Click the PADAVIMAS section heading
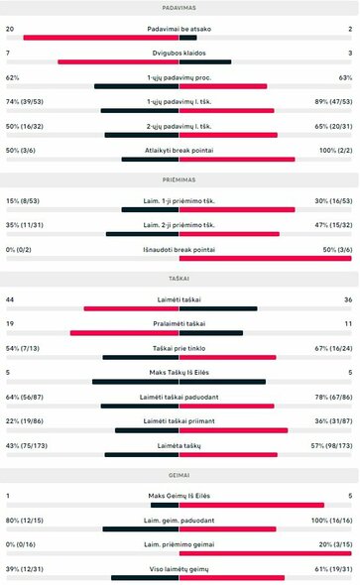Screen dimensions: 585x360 (x=180, y=7)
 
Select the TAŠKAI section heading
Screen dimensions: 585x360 (x=180, y=280)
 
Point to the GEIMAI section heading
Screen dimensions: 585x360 (x=180, y=476)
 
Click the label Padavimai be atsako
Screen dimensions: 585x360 (x=180, y=30)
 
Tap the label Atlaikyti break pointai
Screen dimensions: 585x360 (x=180, y=150)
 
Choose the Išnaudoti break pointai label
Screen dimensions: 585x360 (x=180, y=248)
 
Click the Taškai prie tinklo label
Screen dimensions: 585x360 (x=180, y=348)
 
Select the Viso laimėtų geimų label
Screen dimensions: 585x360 (x=180, y=568)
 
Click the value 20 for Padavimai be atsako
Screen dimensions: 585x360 (x=10, y=30)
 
